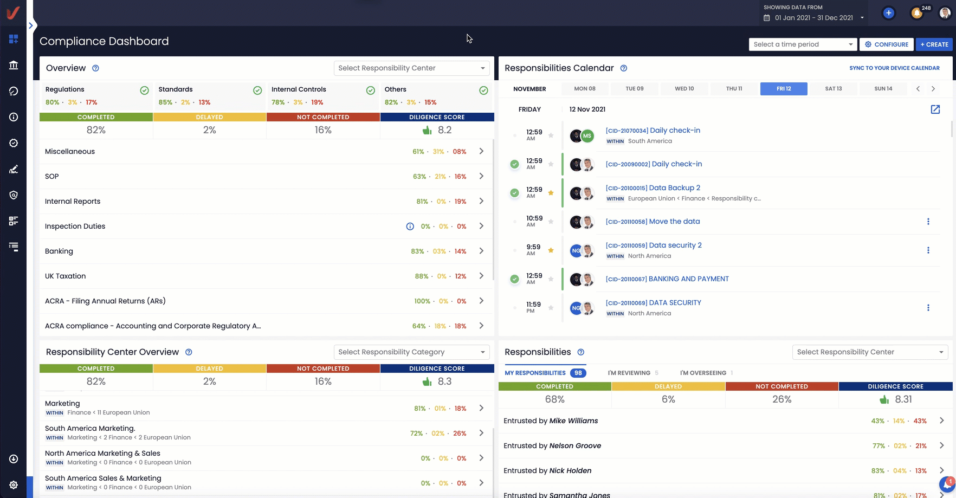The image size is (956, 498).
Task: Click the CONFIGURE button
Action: [x=886, y=44]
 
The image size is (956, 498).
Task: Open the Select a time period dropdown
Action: [x=803, y=44]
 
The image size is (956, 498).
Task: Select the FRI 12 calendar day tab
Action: [x=783, y=89]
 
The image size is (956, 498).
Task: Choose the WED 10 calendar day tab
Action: [x=684, y=89]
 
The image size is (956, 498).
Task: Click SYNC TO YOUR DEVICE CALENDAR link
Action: [x=894, y=68]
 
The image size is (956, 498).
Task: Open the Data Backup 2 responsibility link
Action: [x=674, y=188]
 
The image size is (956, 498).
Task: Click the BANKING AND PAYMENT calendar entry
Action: [x=688, y=279]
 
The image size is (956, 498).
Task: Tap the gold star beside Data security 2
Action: [x=551, y=250]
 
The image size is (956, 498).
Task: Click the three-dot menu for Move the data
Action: [x=928, y=222]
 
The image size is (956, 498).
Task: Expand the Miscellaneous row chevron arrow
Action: [x=481, y=152]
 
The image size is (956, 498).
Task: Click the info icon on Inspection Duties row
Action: [x=410, y=227]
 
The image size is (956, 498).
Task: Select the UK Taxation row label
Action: [x=66, y=276]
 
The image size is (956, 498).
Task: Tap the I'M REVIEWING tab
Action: [x=629, y=373]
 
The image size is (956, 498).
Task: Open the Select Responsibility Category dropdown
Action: [x=411, y=352]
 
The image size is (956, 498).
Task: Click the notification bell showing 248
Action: [x=917, y=13]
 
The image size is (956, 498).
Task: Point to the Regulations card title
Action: [x=65, y=89]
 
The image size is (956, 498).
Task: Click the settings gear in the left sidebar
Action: [x=14, y=485]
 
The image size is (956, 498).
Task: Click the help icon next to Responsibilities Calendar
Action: [x=623, y=68]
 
